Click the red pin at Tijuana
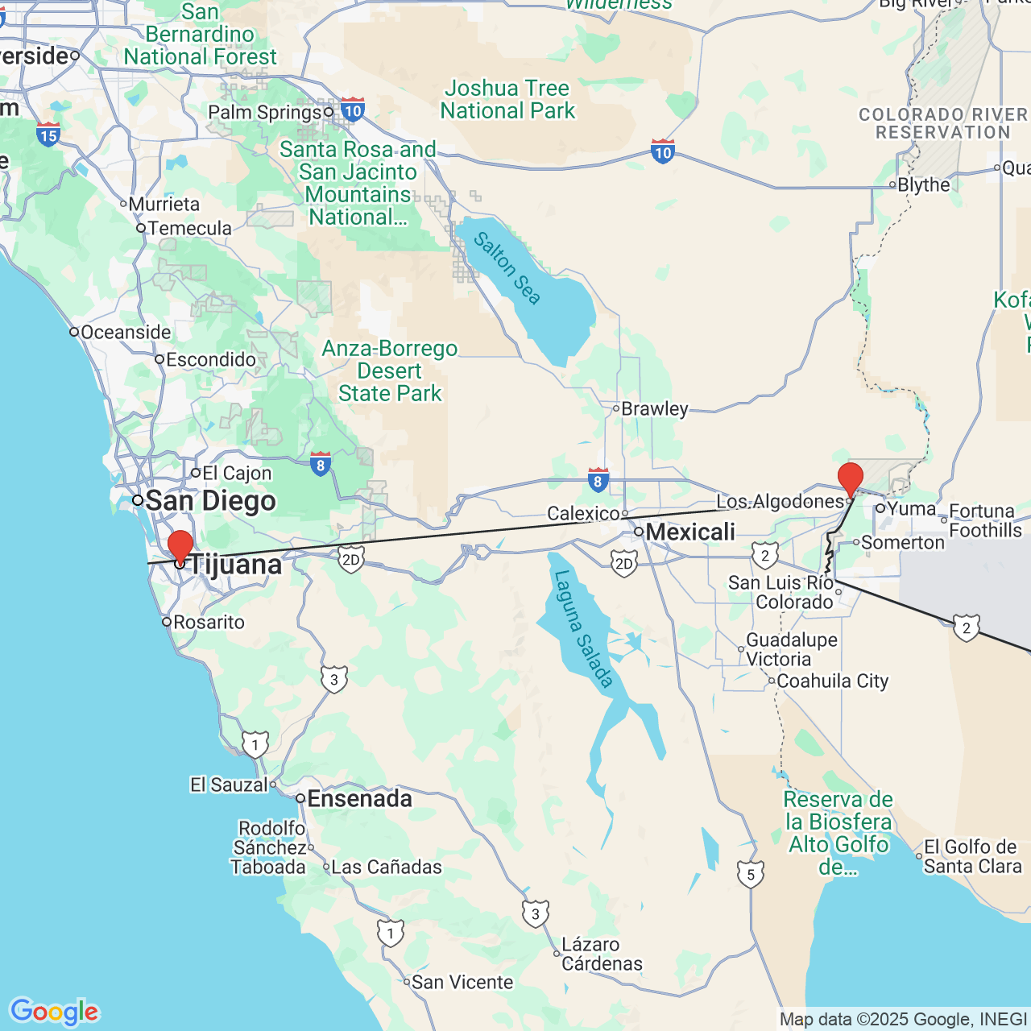pos(180,546)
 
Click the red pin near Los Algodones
pos(851,478)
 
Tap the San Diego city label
pos(210,501)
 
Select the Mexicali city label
pos(690,532)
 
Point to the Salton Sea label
pos(507,268)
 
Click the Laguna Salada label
pos(583,628)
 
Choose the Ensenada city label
pos(359,798)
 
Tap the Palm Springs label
pos(265,112)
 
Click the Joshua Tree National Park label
pos(507,99)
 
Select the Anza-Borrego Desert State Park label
pos(390,371)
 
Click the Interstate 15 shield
pos(48,134)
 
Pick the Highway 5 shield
pos(750,874)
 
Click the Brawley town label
pos(654,408)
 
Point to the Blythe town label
pos(923,184)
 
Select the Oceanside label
pos(125,332)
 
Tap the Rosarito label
pos(209,622)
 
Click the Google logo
pos(54,1012)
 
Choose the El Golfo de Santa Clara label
pos(972,856)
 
